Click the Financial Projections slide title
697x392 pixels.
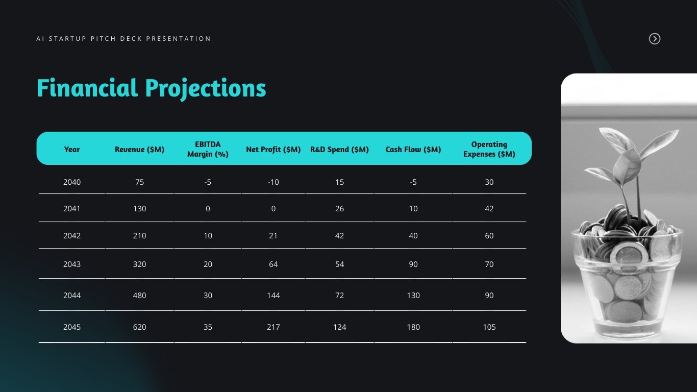tap(151, 88)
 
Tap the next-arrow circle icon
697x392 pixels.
tap(655, 39)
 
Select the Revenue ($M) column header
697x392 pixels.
tap(139, 150)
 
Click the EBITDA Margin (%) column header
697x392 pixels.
tap(208, 149)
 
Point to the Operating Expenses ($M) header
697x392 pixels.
tap(489, 149)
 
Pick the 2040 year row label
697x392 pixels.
tap(72, 182)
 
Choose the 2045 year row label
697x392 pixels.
tap(72, 327)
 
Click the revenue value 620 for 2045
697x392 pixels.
tap(139, 327)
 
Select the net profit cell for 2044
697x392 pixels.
tap(273, 296)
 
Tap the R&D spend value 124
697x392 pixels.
tap(339, 327)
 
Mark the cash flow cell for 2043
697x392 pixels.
tap(413, 264)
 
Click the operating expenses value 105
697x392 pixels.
tap(489, 327)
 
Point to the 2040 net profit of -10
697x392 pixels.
tap(273, 182)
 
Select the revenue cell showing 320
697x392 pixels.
tap(139, 264)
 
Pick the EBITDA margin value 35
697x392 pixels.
tap(208, 327)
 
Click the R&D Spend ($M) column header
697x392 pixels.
tap(339, 150)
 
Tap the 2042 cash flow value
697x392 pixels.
tap(413, 236)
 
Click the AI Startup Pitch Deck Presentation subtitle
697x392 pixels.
tap(123, 39)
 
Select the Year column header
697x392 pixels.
tap(72, 150)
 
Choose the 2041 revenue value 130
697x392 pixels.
tap(139, 209)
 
